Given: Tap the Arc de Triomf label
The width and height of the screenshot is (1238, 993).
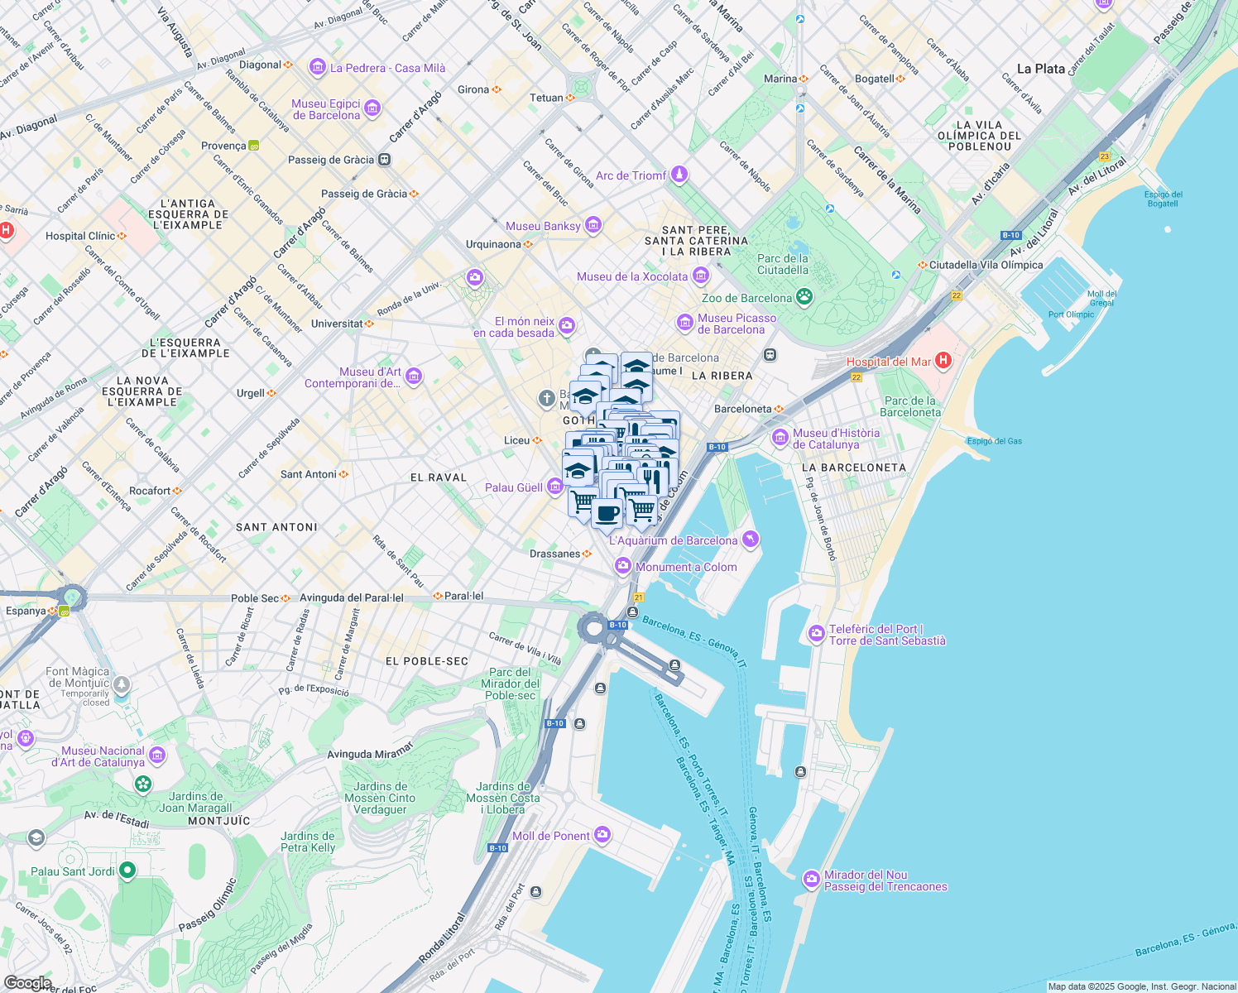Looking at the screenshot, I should pos(631,175).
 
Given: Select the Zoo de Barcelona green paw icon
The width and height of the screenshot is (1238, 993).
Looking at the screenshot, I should pos(804,297).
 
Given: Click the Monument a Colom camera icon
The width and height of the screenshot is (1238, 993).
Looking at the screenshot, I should pos(622,566).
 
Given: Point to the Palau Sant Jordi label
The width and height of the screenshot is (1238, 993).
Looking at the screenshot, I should pos(73,871).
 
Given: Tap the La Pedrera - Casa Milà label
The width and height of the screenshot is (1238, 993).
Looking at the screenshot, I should pos(387,68).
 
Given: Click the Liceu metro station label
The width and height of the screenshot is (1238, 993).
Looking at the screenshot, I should pos(516,440).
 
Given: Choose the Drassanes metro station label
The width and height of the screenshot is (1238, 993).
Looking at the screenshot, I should pos(554,554).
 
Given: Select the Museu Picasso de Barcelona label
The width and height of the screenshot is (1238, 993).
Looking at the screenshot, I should pos(737,324).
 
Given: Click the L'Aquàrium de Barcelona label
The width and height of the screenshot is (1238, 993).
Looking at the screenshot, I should pos(673,540).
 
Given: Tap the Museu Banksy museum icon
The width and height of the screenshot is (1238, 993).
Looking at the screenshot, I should pos(593,225).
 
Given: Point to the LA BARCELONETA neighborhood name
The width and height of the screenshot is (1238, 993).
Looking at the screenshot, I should pos(853,468).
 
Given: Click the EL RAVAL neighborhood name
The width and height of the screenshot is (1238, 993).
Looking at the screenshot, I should pos(439,477).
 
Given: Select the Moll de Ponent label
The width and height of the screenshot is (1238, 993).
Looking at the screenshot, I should pos(551,836).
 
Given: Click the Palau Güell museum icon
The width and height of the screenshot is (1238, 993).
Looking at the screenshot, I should pos(555,487).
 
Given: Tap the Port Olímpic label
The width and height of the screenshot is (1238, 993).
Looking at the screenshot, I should pos(1071,314).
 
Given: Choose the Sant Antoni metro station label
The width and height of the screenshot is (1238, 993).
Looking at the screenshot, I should pos(309,474).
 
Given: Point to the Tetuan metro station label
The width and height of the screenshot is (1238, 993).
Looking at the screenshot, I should pos(546,98).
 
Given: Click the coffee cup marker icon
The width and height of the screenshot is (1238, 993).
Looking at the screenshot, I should pos(607,512).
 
